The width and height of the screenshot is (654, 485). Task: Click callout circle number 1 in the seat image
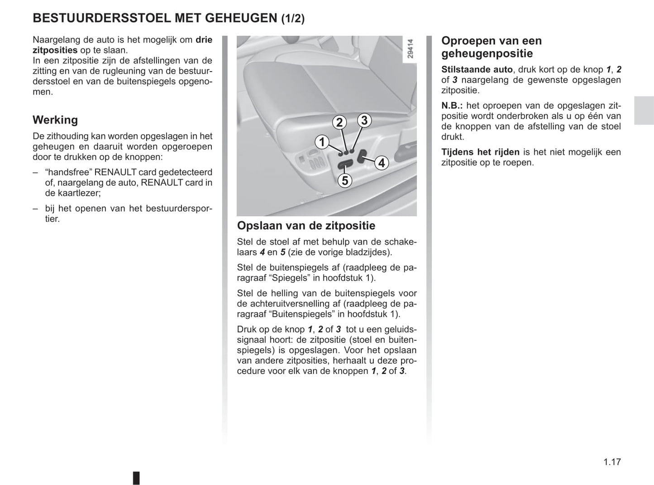322,142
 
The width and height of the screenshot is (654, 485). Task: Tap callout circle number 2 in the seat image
339,122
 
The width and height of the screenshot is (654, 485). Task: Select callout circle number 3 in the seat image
364,121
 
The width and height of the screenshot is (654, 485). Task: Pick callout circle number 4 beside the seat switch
382,163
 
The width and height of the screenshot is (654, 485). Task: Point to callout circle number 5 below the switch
345,180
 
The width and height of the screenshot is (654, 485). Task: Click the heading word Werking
55,120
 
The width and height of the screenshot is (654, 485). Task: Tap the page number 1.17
612,462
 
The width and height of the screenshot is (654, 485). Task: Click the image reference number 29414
410,48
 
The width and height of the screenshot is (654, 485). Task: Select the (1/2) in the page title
293,19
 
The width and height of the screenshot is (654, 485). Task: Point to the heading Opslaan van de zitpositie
306,226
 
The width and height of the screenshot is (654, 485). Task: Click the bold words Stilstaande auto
477,70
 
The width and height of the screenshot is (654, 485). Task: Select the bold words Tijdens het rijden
480,152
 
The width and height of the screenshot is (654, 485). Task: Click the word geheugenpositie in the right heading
487,53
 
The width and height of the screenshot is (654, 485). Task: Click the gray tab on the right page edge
644,111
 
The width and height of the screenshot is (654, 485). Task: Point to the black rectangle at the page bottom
136,478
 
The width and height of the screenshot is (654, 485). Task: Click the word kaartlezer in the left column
76,193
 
